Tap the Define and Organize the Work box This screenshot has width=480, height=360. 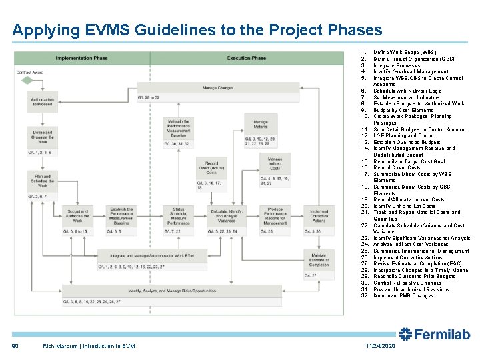point(42,137)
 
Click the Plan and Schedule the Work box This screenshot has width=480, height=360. point(42,180)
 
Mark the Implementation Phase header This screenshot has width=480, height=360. point(81,58)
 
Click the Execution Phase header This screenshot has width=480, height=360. point(246,58)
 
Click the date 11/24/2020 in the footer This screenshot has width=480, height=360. point(380,346)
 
